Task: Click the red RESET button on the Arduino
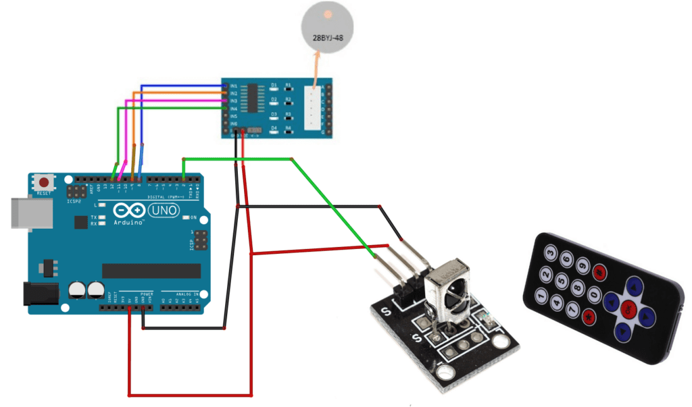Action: point(45,182)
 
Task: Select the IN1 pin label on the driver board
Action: point(233,86)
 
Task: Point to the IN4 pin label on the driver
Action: point(233,109)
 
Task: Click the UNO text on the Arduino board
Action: point(164,211)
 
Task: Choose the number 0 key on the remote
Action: point(595,294)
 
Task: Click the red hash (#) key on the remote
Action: point(598,272)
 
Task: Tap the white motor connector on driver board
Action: point(312,108)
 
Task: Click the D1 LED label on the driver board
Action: point(274,86)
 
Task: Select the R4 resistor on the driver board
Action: point(288,128)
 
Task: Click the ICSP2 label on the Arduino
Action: point(74,201)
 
